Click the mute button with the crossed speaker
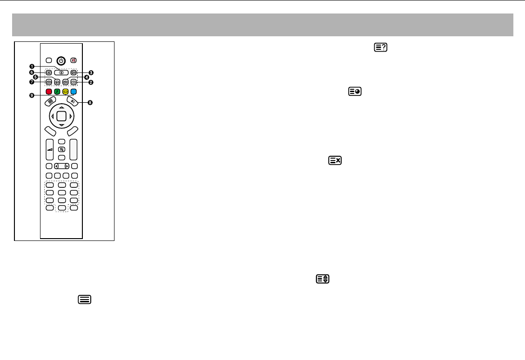(x=73, y=60)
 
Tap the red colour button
(x=49, y=92)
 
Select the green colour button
(x=57, y=92)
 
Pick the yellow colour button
(x=65, y=92)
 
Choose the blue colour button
(x=73, y=92)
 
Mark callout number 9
(x=32, y=95)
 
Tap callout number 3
(x=91, y=73)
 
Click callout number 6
(x=32, y=73)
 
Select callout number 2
(x=91, y=82)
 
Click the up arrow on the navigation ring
(x=61, y=107)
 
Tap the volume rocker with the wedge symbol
(x=49, y=149)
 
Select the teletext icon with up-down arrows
(x=321, y=279)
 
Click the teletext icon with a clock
(x=355, y=93)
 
